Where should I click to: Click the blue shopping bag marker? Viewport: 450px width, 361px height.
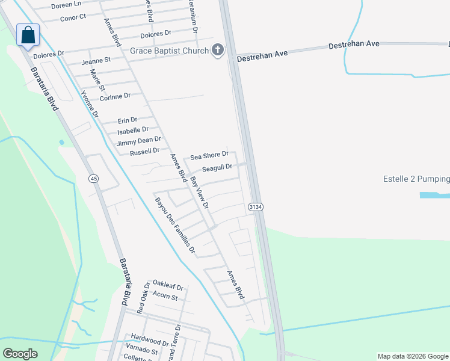(x=28, y=35)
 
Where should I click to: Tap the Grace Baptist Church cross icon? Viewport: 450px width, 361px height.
(x=217, y=51)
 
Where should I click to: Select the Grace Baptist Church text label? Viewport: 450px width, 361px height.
(x=170, y=51)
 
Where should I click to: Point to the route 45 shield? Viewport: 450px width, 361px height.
(x=93, y=179)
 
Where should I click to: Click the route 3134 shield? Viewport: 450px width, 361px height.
(x=254, y=206)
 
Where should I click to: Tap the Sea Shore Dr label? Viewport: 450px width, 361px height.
(x=209, y=156)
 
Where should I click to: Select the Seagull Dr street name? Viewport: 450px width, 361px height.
(x=217, y=168)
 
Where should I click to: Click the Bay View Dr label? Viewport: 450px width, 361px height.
(x=199, y=193)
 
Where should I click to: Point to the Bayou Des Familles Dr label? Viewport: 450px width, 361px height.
(x=175, y=225)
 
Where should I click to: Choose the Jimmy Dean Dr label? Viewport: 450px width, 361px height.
(x=139, y=141)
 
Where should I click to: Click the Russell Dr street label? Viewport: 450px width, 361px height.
(x=144, y=152)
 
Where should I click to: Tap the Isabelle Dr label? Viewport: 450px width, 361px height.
(x=133, y=130)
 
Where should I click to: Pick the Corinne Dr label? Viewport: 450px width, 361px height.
(x=115, y=96)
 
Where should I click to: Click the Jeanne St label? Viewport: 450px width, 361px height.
(x=96, y=60)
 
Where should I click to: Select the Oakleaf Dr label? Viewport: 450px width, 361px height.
(x=167, y=283)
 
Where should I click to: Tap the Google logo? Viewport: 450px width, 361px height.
(x=20, y=354)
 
